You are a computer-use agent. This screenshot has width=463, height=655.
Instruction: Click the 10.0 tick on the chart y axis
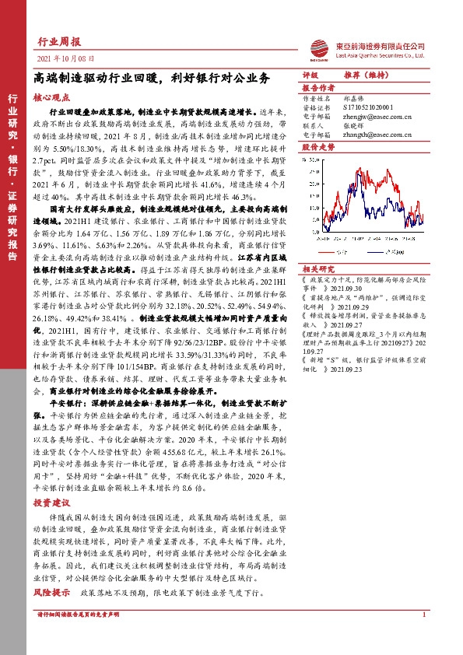point(314,201)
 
